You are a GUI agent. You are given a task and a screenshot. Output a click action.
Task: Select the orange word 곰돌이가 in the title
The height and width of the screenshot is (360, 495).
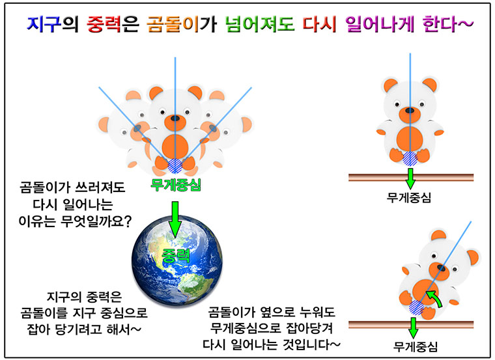pos(182,24)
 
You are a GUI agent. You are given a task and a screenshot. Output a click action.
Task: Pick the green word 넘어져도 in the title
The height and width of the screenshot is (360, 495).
pos(260,24)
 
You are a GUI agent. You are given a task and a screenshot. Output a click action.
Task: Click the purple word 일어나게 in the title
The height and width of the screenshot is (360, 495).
pos(380,24)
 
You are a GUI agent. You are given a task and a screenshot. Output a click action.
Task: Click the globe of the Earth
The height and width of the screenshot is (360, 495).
pos(177,260)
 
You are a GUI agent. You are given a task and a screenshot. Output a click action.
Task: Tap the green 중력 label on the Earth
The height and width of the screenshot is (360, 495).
pos(175,256)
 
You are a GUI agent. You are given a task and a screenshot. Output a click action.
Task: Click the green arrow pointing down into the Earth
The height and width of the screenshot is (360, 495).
pos(175,219)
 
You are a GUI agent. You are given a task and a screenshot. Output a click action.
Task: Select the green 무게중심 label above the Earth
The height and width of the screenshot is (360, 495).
pos(175,185)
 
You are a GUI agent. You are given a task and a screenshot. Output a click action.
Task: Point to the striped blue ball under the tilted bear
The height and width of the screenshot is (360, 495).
pos(416,308)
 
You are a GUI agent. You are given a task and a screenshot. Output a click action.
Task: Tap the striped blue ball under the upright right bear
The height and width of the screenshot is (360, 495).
pos(410,158)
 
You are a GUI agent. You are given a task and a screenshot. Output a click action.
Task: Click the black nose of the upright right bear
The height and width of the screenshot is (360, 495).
pos(410,111)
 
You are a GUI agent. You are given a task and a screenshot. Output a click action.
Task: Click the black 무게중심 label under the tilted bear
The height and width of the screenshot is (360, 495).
pos(416,346)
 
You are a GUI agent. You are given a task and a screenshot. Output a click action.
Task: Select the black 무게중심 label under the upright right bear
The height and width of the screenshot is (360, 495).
pos(409,198)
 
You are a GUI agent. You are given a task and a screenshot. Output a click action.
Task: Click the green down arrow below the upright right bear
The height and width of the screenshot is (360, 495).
pos(410,178)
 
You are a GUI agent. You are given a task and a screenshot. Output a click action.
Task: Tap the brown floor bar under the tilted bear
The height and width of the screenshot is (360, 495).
pos(411,325)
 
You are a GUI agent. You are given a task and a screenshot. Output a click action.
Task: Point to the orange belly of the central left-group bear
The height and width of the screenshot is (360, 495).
pos(175,146)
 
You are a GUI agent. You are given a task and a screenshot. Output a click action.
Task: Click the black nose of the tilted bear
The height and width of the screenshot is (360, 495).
pos(442,268)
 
